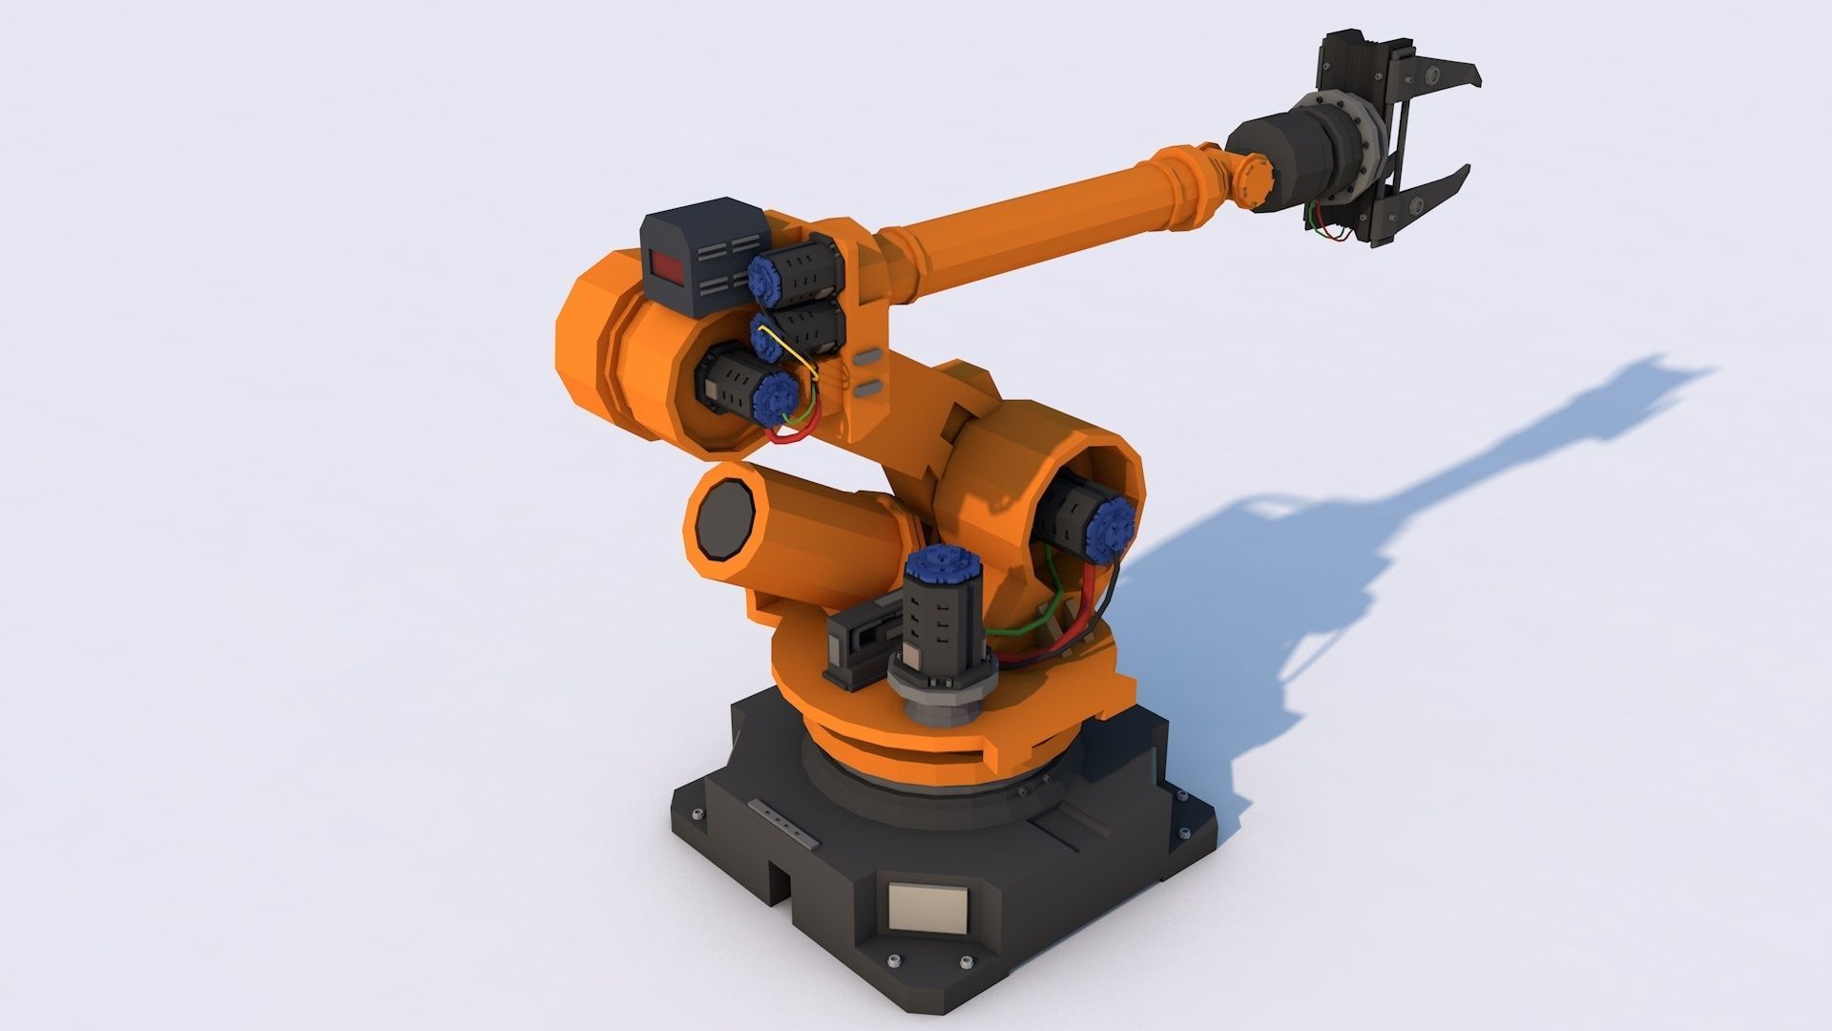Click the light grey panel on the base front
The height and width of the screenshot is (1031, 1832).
tap(927, 908)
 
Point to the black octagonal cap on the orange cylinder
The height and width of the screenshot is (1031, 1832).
tap(724, 520)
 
